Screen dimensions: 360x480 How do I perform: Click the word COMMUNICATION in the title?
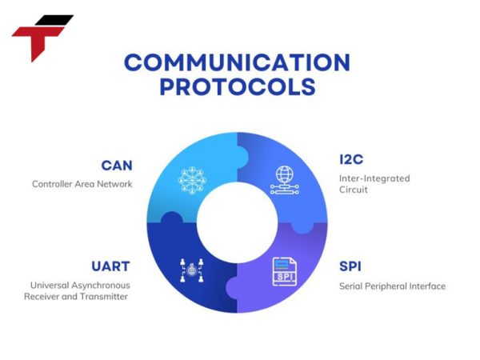(x=237, y=62)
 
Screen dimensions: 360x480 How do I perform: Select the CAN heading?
(x=116, y=166)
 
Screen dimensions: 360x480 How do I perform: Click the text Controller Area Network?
(x=82, y=184)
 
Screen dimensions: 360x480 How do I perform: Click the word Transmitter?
(x=104, y=297)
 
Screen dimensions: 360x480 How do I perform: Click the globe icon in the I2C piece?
(x=284, y=177)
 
